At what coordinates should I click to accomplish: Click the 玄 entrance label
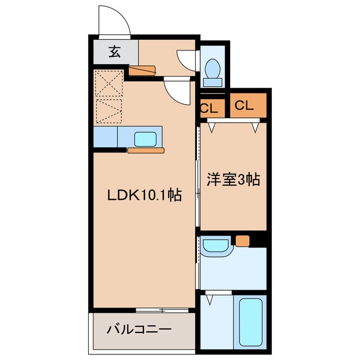115,52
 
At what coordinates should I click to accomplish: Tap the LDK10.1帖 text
145,195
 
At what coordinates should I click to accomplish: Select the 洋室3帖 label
233,179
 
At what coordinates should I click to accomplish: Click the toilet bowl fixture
213,69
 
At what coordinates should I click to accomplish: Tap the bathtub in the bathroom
250,322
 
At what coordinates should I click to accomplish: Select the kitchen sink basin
145,139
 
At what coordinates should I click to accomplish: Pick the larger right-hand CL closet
248,105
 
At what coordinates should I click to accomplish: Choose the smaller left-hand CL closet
213,108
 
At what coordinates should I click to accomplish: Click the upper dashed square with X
109,83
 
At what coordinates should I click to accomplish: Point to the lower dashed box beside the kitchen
109,111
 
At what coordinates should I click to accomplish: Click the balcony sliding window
162,310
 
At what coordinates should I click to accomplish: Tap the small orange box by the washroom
242,241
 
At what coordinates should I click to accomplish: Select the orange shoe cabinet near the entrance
142,71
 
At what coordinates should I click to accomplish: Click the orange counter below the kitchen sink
146,151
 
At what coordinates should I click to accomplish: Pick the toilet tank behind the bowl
213,83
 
